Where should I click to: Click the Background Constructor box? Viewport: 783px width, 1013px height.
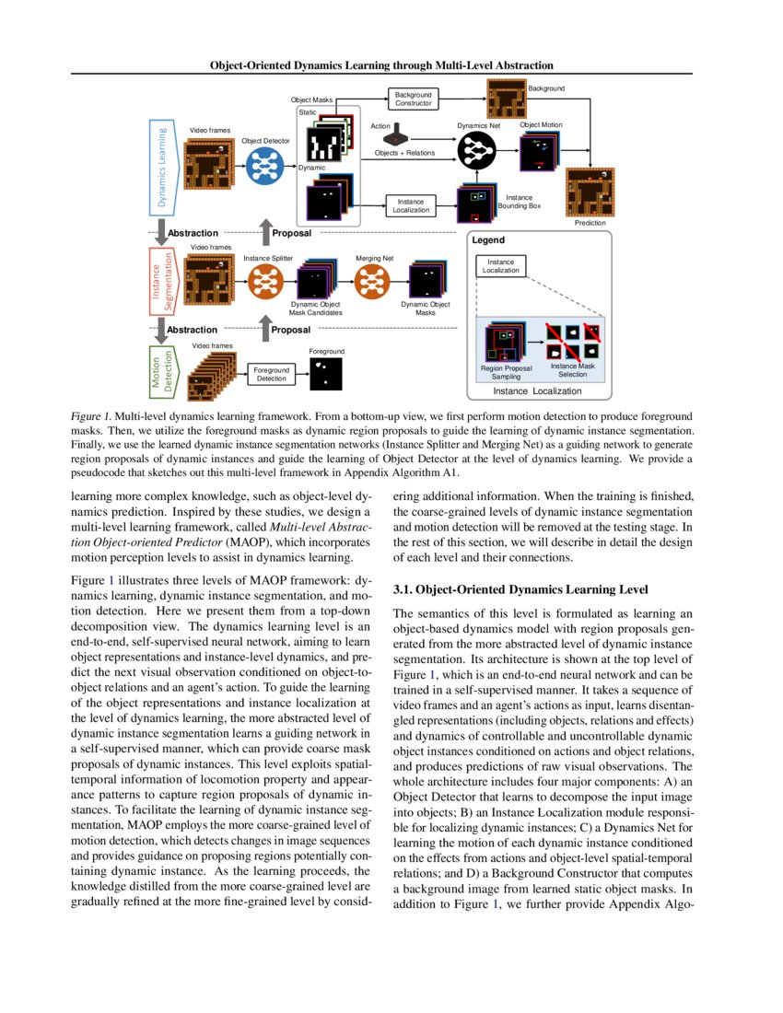(413, 99)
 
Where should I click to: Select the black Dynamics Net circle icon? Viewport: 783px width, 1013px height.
(477, 147)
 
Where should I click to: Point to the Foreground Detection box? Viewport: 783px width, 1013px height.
(271, 374)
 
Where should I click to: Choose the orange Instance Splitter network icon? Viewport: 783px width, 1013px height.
(268, 280)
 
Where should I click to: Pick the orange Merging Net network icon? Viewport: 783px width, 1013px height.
(374, 280)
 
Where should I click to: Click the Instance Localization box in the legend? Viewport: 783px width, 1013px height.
(501, 266)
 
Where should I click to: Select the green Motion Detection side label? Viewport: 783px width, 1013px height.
(162, 370)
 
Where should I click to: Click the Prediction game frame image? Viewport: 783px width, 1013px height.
(590, 192)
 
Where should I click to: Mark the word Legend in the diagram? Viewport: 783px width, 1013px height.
(488, 240)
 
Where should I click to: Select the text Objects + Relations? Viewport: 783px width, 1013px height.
(404, 153)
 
